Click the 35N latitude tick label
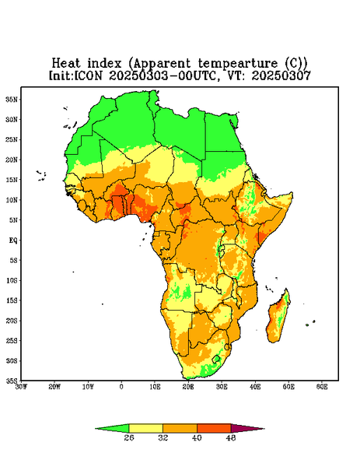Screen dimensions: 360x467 [x=12, y=100]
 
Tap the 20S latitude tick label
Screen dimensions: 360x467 [x=12, y=321]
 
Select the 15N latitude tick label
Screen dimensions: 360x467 [x=12, y=180]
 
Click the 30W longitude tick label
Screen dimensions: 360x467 [x=21, y=387]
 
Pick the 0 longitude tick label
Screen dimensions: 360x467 [x=121, y=387]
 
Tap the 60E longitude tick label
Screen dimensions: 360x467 [x=322, y=387]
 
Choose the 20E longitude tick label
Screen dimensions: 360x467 [x=188, y=387]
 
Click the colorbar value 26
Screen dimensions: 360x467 [x=129, y=437]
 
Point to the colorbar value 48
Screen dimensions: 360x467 [x=231, y=437]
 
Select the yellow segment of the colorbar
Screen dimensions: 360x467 [x=145, y=428]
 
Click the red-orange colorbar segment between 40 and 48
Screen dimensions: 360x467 [x=214, y=428]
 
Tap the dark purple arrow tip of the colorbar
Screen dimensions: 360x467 [x=264, y=429]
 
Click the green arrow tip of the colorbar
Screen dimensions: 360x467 [x=96, y=429]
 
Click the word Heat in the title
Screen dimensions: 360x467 [x=66, y=64]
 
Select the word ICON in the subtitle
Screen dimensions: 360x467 [x=88, y=75]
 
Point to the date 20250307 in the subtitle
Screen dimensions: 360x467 [x=281, y=75]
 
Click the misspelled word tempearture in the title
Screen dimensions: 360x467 [x=237, y=64]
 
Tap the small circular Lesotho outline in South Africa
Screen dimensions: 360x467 [x=216, y=359]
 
